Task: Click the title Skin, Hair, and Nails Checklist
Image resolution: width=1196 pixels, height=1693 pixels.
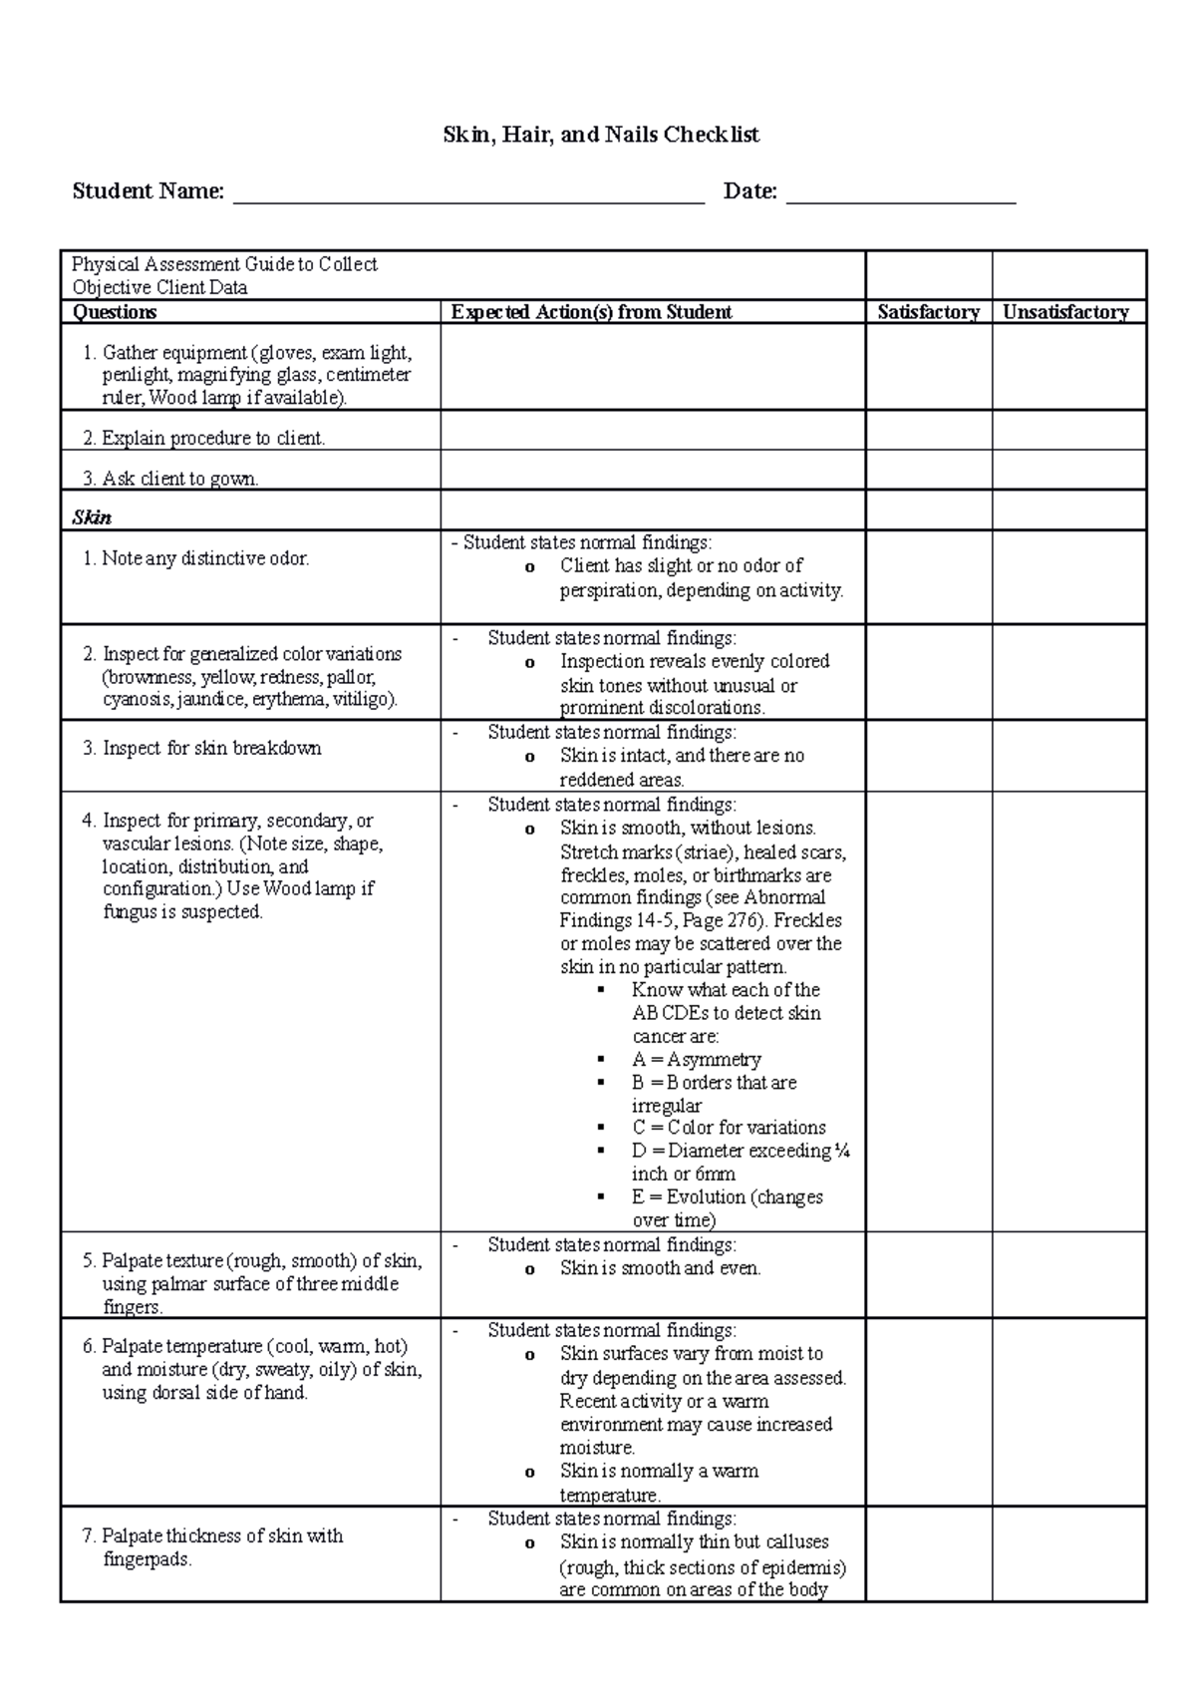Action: pos(601,135)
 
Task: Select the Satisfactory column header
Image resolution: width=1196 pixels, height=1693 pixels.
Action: pos(928,312)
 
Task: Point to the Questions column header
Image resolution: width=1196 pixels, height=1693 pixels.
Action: pos(115,312)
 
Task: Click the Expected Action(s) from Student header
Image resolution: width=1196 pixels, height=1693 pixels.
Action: pos(591,312)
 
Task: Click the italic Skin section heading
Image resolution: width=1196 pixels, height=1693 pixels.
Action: pos(92,517)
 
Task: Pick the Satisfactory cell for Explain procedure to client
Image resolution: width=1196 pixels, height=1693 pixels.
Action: pos(928,431)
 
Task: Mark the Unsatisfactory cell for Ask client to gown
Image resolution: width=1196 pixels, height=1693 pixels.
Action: pos(1068,471)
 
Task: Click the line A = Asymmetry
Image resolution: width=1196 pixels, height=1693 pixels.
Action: pos(696,1059)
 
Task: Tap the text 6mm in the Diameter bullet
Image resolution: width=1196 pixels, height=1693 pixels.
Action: pos(715,1174)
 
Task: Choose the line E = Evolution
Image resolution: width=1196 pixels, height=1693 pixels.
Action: pos(728,1196)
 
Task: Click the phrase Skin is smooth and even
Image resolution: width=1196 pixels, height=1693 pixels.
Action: pos(660,1268)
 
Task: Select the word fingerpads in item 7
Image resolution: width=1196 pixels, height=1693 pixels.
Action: pos(147,1558)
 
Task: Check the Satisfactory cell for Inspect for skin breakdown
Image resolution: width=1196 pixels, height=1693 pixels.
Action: pos(928,757)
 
